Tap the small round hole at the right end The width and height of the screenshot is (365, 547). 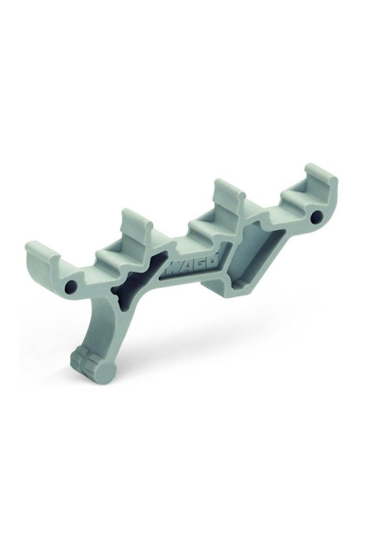[316, 220]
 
